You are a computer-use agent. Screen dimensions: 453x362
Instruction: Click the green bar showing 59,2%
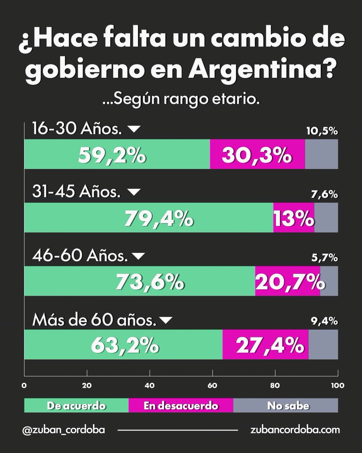point(117,154)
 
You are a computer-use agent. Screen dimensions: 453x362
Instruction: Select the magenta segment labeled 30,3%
point(257,154)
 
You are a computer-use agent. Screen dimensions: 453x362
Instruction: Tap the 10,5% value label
point(322,131)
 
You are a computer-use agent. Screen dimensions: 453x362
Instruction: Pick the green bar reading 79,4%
point(149,217)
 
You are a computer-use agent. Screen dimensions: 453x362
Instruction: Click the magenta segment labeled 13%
point(294,217)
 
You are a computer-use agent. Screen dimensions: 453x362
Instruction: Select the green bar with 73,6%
point(140,281)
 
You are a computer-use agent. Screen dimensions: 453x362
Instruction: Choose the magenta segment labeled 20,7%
point(287,281)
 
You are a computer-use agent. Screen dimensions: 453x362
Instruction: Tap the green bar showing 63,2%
point(123,344)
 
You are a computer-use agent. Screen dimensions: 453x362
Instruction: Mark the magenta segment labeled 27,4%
point(265,344)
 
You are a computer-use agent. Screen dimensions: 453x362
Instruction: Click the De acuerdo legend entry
point(76,406)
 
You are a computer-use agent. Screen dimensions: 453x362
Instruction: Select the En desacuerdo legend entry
point(181,406)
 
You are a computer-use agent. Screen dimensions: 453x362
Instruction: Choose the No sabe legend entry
point(285,406)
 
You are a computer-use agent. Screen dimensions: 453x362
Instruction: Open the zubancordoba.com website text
point(295,430)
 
